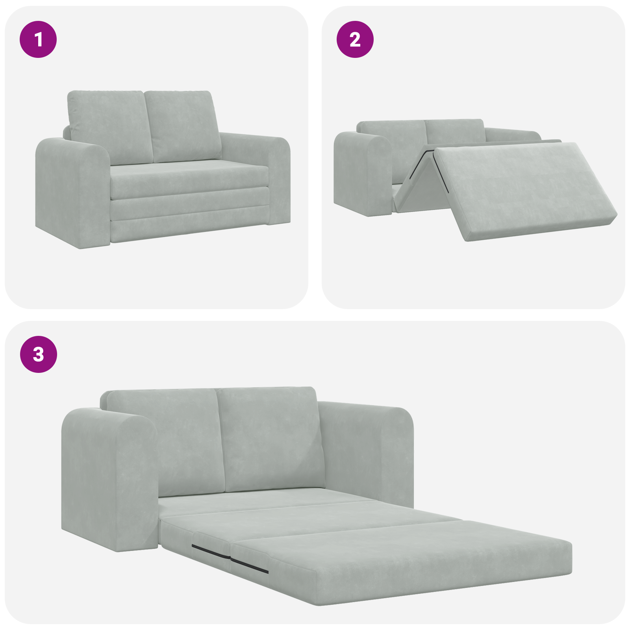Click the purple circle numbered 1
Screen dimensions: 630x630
[x=38, y=39]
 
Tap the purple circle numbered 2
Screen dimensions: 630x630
[x=355, y=39]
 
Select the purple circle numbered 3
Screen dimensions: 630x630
[x=38, y=354]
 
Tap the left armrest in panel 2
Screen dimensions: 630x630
[x=360, y=173]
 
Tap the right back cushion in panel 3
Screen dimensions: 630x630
[x=272, y=437]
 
